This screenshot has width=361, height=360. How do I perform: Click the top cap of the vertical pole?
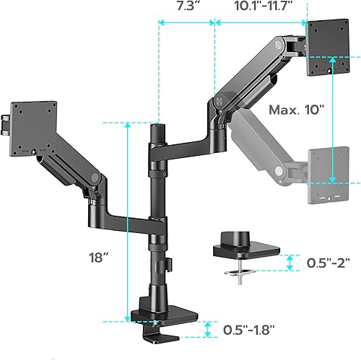(x=155, y=128)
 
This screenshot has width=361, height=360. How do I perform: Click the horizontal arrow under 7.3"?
(x=186, y=23)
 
